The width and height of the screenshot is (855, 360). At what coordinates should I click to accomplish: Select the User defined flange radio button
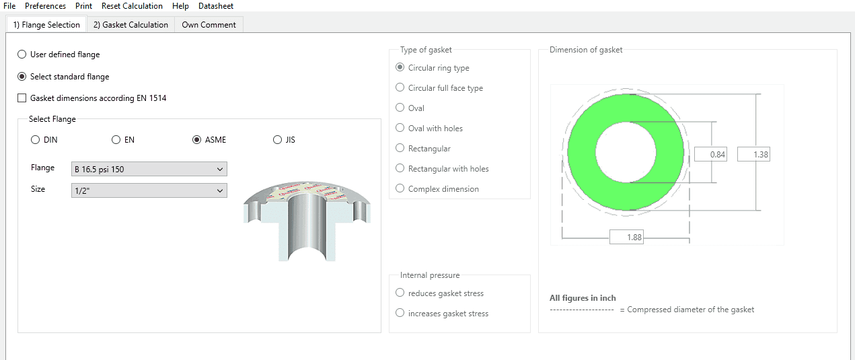coord(22,55)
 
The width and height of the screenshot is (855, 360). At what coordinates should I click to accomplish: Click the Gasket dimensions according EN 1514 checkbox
coord(22,98)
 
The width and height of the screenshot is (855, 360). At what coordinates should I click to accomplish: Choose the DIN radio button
coord(35,140)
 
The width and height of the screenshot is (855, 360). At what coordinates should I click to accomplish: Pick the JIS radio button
coord(277,140)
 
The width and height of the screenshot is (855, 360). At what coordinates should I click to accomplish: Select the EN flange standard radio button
coord(116,140)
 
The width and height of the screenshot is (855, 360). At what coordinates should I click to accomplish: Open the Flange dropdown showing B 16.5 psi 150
coord(149,169)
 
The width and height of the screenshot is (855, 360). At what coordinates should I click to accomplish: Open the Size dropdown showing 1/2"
coord(149,190)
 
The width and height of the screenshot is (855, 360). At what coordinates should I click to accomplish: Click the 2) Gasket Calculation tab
coord(131,25)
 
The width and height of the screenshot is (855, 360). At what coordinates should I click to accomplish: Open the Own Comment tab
coord(209,25)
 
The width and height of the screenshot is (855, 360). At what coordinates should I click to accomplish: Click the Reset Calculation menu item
coord(132,6)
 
